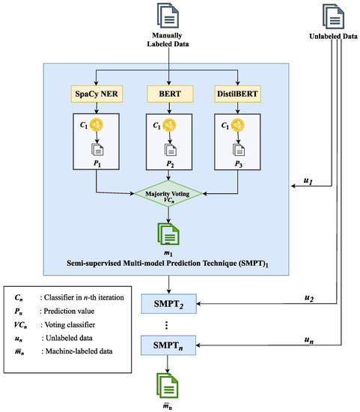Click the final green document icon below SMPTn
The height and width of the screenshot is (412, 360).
[171, 384]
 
